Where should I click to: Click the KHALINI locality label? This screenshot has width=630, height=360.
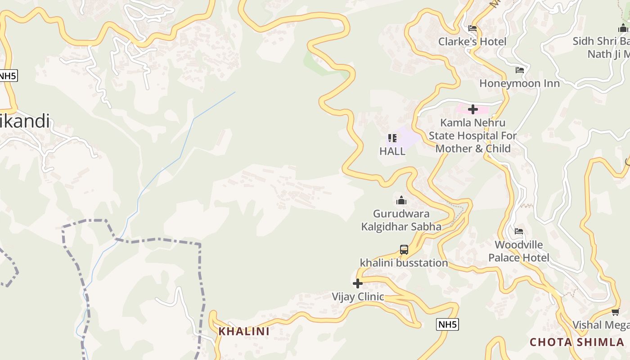pyautogui.click(x=244, y=331)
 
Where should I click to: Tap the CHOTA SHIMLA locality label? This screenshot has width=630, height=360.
pyautogui.click(x=576, y=342)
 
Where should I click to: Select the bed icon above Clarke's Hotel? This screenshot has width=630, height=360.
pyautogui.click(x=472, y=28)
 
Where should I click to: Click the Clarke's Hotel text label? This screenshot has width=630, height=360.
pyautogui.click(x=472, y=41)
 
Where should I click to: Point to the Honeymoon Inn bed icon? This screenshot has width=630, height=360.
pyautogui.click(x=520, y=70)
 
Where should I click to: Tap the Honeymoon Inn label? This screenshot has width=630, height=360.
pyautogui.click(x=519, y=83)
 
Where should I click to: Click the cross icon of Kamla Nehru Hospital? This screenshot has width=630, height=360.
pyautogui.click(x=472, y=109)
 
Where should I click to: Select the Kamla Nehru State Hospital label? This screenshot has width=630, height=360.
pyautogui.click(x=472, y=135)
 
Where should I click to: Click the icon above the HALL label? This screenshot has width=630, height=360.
pyautogui.click(x=392, y=138)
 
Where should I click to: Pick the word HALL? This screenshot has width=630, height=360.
pyautogui.click(x=392, y=151)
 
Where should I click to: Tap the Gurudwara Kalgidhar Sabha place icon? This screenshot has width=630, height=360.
pyautogui.click(x=401, y=200)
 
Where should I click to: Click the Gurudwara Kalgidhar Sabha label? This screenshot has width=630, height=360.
pyautogui.click(x=401, y=220)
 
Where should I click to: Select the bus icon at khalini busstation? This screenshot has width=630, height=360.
pyautogui.click(x=404, y=250)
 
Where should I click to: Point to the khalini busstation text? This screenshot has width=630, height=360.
pyautogui.click(x=404, y=263)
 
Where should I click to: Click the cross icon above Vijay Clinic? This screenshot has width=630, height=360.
pyautogui.click(x=358, y=283)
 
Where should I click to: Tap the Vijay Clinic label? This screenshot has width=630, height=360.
pyautogui.click(x=358, y=297)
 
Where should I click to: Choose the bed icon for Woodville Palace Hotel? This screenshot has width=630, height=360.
pyautogui.click(x=519, y=232)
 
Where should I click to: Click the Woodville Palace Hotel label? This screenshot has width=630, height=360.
pyautogui.click(x=519, y=251)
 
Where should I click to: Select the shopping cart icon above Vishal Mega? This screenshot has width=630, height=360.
pyautogui.click(x=615, y=312)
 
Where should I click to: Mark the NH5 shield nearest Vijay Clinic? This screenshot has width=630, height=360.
pyautogui.click(x=447, y=324)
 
